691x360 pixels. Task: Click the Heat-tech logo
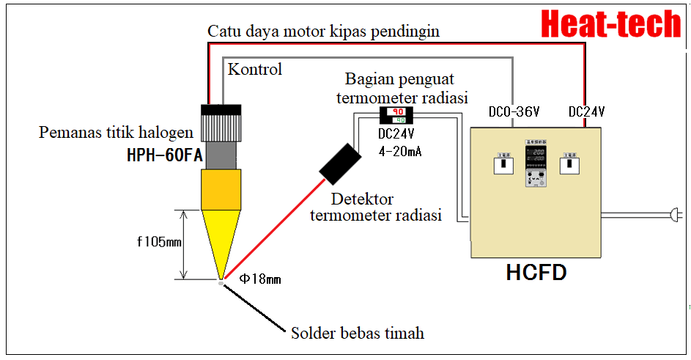pos(611,24)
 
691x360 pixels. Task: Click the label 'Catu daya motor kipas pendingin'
pos(323,32)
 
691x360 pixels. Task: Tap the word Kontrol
pos(255,70)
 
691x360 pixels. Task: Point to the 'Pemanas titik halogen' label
pos(116,133)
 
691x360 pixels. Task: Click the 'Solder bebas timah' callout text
pos(358,333)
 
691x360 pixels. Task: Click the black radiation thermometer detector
pos(340,164)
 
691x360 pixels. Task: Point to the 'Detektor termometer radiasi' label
pos(375,207)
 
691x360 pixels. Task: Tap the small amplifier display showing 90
pos(396,114)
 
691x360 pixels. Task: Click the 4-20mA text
pos(399,151)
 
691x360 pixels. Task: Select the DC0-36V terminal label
pos(514,112)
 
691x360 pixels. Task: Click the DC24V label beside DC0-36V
pos(586,112)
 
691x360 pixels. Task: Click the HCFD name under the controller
pos(536,273)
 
